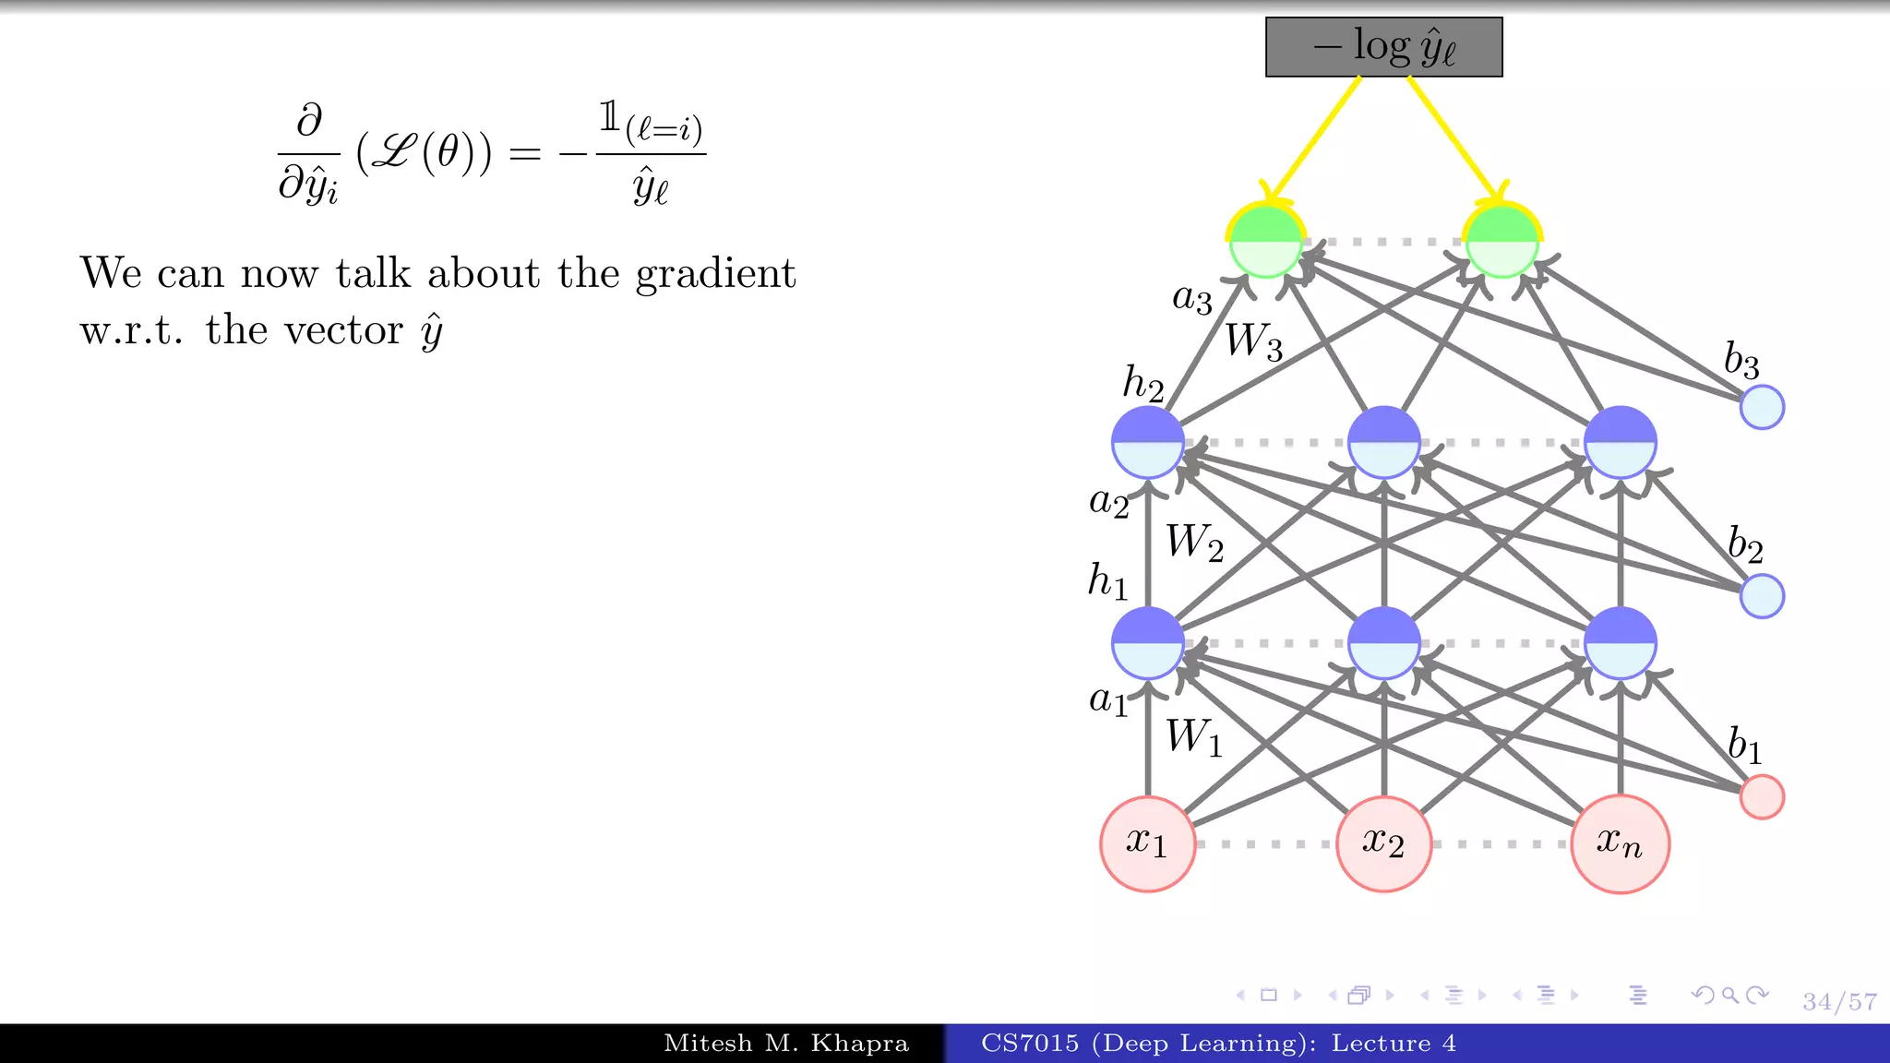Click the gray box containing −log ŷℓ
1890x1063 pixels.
(1383, 47)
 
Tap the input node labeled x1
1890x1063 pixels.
(1147, 843)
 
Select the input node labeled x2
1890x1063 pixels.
(1383, 843)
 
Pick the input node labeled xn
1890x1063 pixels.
(1620, 843)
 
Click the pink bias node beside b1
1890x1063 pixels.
(1762, 797)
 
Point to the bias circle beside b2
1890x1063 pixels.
(1762, 596)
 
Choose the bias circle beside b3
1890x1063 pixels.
(1762, 408)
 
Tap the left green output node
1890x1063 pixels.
(1265, 242)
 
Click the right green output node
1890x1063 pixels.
(1501, 242)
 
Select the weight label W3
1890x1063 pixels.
(1253, 341)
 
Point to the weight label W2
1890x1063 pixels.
(1194, 543)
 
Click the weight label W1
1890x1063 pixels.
(1193, 737)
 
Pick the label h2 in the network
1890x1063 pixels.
(1142, 383)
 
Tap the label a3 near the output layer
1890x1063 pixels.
(1191, 299)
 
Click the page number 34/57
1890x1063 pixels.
(1839, 1001)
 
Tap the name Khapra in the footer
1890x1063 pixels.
(859, 1044)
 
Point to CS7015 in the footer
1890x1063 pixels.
(1029, 1044)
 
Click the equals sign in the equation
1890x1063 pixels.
(524, 153)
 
